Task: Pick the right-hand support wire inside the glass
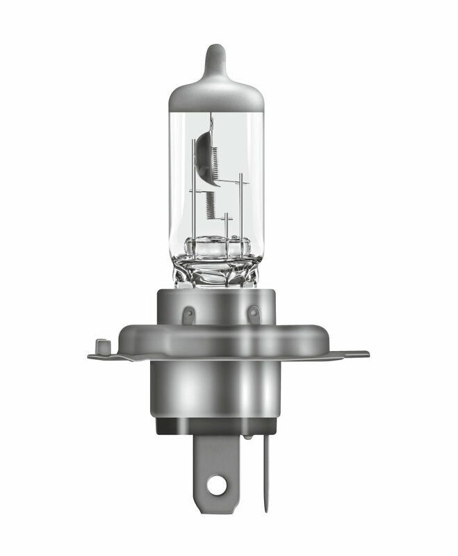pyautogui.click(x=240, y=202)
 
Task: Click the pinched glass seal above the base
pyautogui.click(x=218, y=268)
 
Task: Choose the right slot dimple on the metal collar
pyautogui.click(x=254, y=315)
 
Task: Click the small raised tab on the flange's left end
pyautogui.click(x=102, y=345)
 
